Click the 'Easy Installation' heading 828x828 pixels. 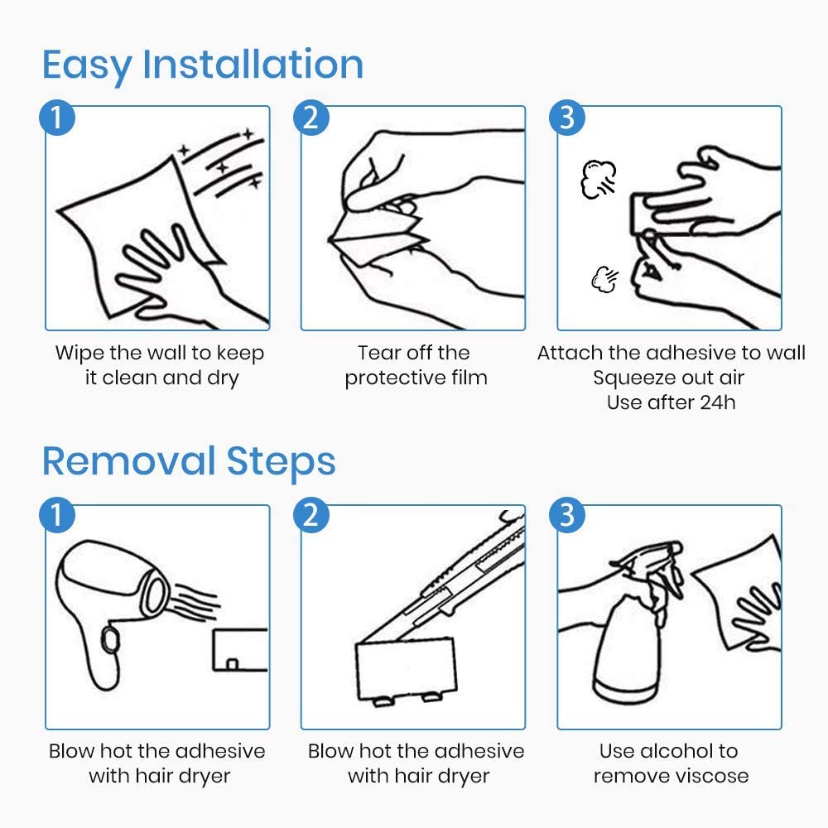[x=203, y=65]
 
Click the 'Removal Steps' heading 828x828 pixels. [x=189, y=461]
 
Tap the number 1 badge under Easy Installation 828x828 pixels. [x=57, y=118]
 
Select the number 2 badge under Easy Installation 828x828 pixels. [x=311, y=118]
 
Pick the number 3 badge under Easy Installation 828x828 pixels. [x=567, y=118]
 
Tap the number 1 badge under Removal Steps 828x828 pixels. [x=57, y=515]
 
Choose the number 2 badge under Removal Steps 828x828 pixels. [x=311, y=515]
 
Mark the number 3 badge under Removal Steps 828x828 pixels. [x=567, y=515]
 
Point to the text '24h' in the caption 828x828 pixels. [x=718, y=403]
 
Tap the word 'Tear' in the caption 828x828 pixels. [x=377, y=353]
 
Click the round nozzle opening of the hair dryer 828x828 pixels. [x=156, y=595]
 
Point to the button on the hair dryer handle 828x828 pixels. [x=110, y=639]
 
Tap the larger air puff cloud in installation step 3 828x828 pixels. [x=599, y=180]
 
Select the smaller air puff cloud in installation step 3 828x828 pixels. [x=604, y=279]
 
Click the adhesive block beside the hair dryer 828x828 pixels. [x=240, y=650]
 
